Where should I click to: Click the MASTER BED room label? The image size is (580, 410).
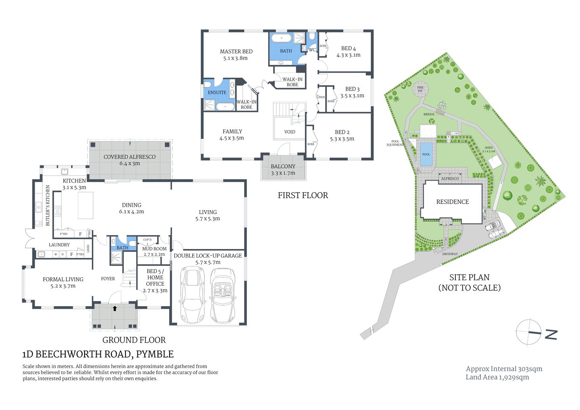click(236, 52)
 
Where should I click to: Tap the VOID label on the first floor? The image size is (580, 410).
click(290, 132)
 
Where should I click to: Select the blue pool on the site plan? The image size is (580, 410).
click(426, 154)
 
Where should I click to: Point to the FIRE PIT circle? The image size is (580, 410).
click(420, 89)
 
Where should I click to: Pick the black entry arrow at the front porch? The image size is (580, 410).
click(114, 308)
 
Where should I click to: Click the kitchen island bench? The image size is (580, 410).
click(85, 205)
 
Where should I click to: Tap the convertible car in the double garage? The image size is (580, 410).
click(223, 295)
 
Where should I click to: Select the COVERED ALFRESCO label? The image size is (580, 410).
click(129, 157)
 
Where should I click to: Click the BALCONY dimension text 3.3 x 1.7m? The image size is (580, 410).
click(283, 173)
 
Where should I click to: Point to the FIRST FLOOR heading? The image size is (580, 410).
click(303, 196)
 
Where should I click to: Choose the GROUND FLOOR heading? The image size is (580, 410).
click(134, 340)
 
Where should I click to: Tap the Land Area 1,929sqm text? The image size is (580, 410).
click(497, 377)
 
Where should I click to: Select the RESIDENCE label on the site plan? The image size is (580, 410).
click(452, 202)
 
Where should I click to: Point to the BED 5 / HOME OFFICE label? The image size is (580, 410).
click(155, 278)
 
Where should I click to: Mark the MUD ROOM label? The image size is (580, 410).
click(154, 249)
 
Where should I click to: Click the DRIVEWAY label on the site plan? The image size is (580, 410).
click(450, 254)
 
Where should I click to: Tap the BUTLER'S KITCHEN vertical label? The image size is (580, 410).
click(48, 205)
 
